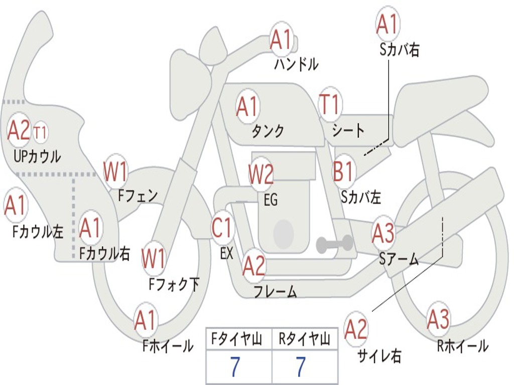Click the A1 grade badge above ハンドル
tap(281, 39)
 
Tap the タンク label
tap(268, 131)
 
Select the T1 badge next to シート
tap(330, 105)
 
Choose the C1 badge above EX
tap(222, 229)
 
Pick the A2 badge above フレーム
tap(254, 266)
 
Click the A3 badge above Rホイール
tap(439, 320)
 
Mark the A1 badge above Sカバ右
tap(387, 24)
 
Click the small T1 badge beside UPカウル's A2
tap(41, 133)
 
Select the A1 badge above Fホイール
tap(146, 321)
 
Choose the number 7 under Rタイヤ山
tap(301, 366)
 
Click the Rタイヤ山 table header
tap(304, 339)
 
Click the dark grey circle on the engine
tap(284, 232)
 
